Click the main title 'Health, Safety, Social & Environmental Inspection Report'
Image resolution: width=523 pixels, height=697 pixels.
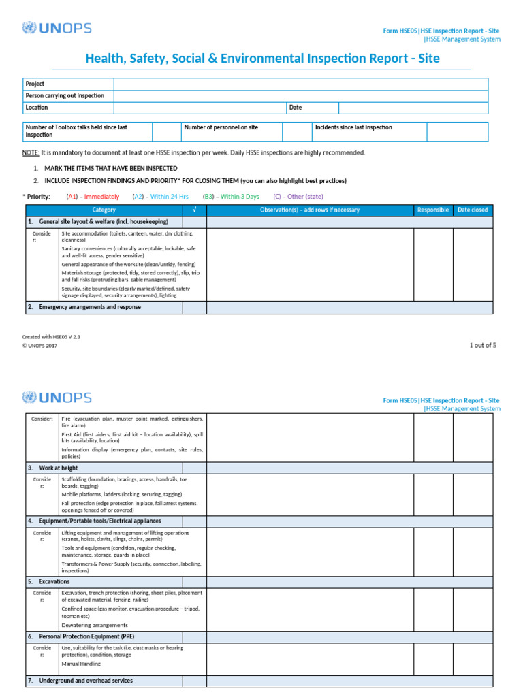pyautogui.click(x=262, y=59)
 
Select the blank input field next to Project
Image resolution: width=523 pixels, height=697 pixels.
pyautogui.click(x=300, y=84)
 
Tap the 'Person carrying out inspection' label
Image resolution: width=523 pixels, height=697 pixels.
pyautogui.click(x=65, y=96)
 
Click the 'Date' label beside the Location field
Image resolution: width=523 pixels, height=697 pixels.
pyautogui.click(x=296, y=108)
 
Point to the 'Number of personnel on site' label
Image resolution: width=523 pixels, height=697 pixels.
pyautogui.click(x=221, y=127)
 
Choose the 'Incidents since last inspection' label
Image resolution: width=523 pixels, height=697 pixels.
pyautogui.click(x=353, y=127)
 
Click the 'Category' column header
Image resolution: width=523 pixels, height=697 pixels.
pyautogui.click(x=104, y=210)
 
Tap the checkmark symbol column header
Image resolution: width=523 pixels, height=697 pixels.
pyautogui.click(x=195, y=210)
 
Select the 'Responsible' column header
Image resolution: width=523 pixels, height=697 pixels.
pyautogui.click(x=433, y=210)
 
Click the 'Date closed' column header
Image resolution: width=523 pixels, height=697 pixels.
pyautogui.click(x=473, y=210)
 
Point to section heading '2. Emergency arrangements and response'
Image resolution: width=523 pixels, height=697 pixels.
pyautogui.click(x=84, y=307)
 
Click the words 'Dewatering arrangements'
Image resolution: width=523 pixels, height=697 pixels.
pyautogui.click(x=94, y=625)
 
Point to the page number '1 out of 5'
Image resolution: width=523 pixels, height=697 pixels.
pyautogui.click(x=483, y=345)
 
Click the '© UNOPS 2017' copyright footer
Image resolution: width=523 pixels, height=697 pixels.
pyautogui.click(x=40, y=346)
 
